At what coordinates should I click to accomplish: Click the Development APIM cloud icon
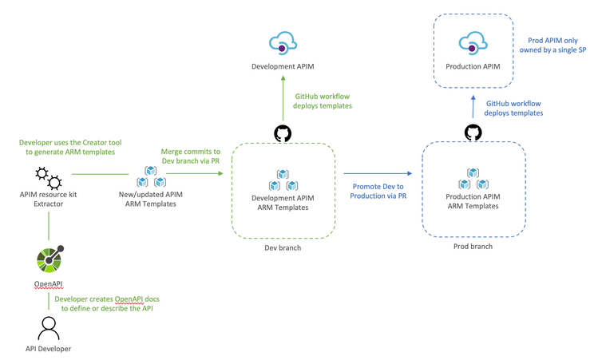click(x=283, y=43)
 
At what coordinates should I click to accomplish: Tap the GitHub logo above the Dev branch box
click(x=283, y=132)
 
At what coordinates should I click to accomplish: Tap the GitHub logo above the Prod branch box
click(x=473, y=132)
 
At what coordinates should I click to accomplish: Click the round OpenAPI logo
click(x=50, y=259)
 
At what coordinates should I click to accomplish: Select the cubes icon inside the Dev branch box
click(x=282, y=180)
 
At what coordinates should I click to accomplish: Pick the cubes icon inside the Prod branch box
click(x=473, y=179)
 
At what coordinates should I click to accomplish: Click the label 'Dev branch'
click(x=283, y=248)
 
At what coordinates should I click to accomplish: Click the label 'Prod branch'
click(x=473, y=247)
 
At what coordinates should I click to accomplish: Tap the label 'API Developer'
click(x=50, y=350)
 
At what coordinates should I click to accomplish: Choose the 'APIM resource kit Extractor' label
click(x=50, y=200)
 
